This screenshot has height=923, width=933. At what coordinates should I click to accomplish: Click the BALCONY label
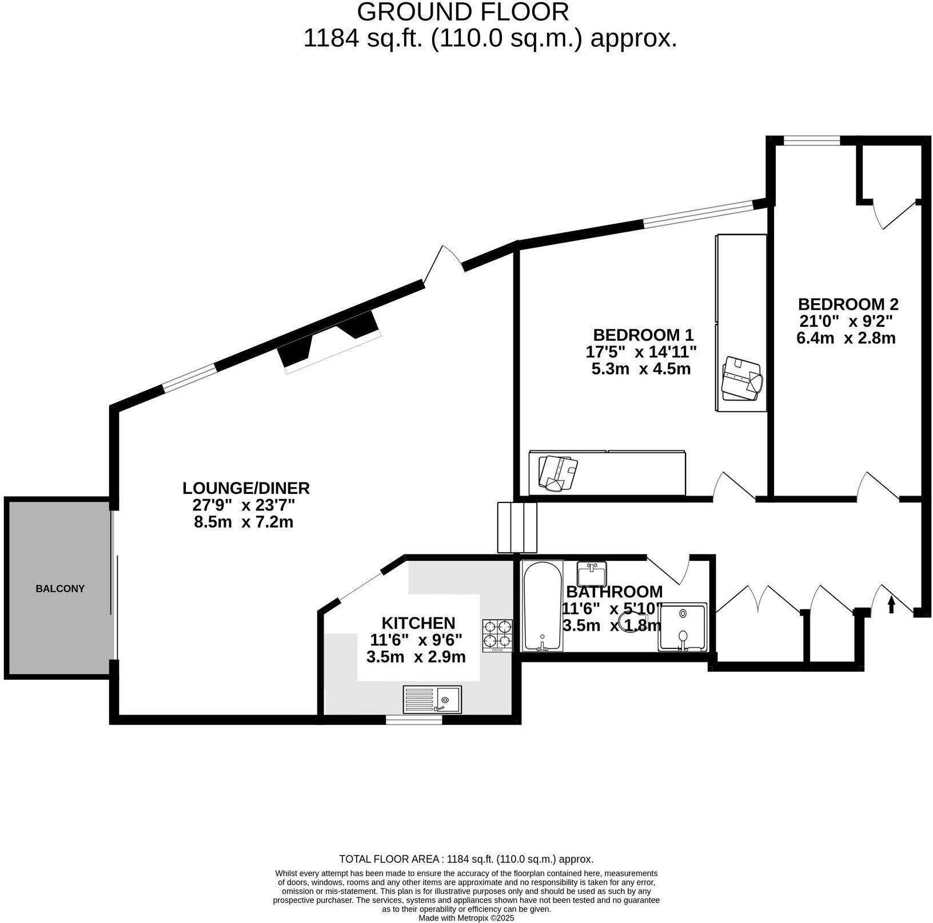[59, 588]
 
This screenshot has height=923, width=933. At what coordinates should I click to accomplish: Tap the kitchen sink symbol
[432, 699]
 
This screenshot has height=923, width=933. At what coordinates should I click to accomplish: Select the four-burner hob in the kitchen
[497, 635]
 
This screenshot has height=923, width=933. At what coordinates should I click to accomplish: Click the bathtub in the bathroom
[543, 605]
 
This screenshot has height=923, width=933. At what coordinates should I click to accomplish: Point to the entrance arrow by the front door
[891, 605]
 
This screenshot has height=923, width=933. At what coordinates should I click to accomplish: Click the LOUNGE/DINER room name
[246, 488]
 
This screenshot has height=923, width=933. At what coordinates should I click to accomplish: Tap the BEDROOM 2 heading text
[848, 304]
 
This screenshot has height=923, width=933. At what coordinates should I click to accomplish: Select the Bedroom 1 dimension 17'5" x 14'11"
[641, 351]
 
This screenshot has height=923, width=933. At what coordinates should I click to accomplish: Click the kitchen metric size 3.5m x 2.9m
[416, 657]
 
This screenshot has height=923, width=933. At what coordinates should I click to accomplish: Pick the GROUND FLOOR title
[463, 12]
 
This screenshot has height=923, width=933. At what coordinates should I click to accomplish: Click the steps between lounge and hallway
[517, 528]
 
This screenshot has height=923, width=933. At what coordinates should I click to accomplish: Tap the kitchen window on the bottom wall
[413, 720]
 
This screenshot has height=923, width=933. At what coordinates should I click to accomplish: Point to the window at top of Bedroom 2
[811, 140]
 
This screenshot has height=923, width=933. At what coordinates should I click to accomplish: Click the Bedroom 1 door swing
[733, 486]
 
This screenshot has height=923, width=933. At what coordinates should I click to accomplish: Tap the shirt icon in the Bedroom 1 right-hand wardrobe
[741, 378]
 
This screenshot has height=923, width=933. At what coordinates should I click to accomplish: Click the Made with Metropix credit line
[466, 918]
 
